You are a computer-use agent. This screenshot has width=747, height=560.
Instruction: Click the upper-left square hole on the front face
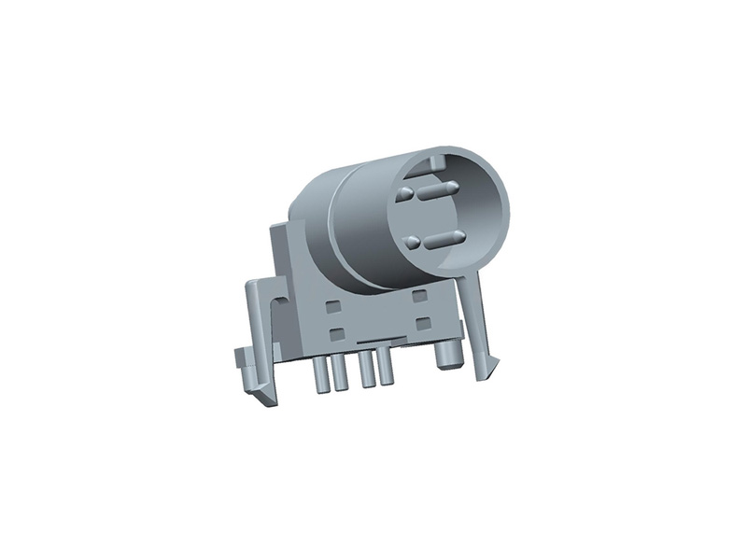pyautogui.click(x=331, y=305)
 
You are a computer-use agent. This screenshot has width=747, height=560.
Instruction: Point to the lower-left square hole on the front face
pyautogui.click(x=336, y=332)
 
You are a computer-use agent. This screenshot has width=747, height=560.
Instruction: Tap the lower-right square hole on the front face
pyautogui.click(x=423, y=321)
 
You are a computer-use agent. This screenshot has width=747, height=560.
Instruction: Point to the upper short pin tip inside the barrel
pyautogui.click(x=405, y=195)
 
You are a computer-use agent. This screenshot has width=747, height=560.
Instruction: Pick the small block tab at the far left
pyautogui.click(x=239, y=357)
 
